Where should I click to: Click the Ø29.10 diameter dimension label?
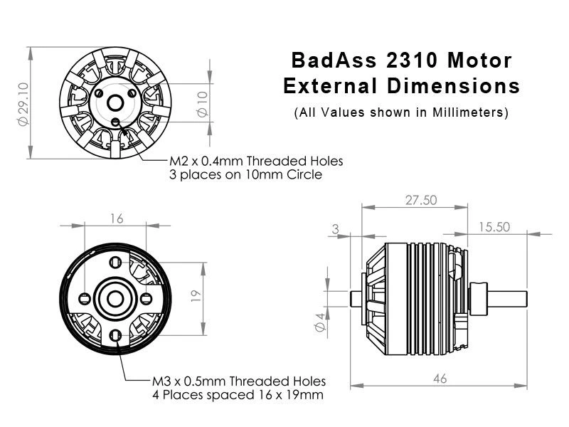coord(23,104)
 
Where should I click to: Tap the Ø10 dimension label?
coord(203,104)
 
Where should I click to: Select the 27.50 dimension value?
coord(421,200)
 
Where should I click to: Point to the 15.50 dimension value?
coord(494,227)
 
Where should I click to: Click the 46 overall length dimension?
coord(440,379)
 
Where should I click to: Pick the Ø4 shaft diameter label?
coord(319,322)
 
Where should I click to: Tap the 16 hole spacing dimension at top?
coord(117,218)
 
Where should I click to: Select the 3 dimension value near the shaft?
coord(335,229)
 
